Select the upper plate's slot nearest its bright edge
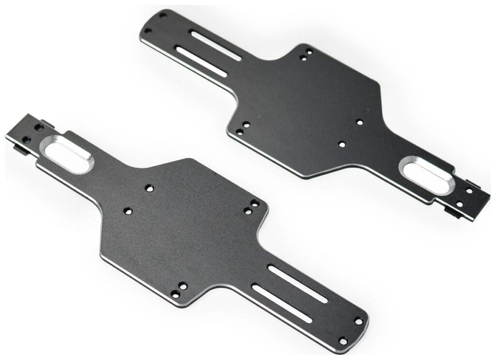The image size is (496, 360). click(201, 62)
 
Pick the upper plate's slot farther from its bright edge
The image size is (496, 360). click(216, 46)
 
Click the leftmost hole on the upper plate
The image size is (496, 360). click(148, 31)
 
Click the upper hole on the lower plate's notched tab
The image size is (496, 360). click(39, 127)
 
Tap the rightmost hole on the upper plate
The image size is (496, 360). click(469, 191)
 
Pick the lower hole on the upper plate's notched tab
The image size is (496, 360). click(459, 204)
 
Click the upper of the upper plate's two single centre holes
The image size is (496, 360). click(359, 122)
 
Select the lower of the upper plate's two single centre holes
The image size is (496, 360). click(341, 144)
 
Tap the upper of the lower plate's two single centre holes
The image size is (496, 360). click(149, 188)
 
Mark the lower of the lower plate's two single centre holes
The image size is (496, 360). click(128, 211)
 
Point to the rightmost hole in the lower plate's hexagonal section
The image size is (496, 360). click(255, 203)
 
